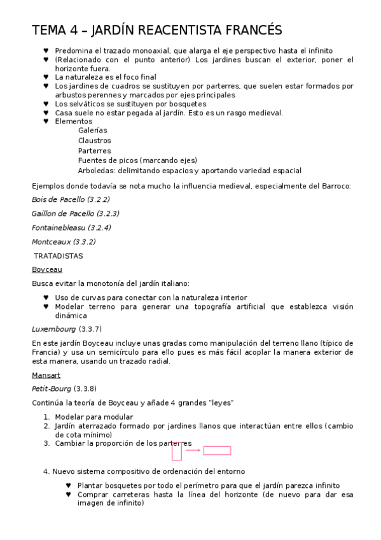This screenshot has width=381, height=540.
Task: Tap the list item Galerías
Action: tap(92, 130)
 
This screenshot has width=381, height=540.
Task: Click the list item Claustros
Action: tap(94, 140)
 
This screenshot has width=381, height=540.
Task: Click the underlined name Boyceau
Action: tap(46, 269)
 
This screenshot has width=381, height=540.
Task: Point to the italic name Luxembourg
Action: tap(53, 329)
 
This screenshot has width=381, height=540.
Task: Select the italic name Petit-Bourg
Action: tap(51, 388)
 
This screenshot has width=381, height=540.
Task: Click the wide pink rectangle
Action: tap(217, 450)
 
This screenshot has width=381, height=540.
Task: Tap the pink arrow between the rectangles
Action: tap(193, 450)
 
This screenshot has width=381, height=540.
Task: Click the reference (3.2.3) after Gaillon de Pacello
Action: tap(107, 213)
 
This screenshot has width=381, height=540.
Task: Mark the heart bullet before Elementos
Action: tap(46, 121)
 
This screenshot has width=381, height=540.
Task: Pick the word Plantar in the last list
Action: tap(91, 485)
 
